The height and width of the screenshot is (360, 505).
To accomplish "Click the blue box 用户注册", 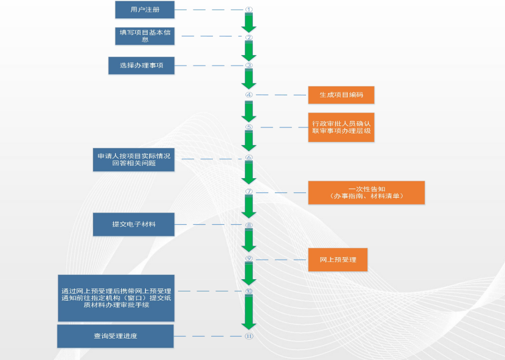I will [x=145, y=10].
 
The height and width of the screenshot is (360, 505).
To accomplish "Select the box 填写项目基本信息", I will [x=145, y=36].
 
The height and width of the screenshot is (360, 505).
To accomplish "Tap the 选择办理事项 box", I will [x=141, y=66].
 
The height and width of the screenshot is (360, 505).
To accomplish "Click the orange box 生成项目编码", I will [x=341, y=95].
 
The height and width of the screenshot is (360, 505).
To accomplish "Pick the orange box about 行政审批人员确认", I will [x=341, y=127].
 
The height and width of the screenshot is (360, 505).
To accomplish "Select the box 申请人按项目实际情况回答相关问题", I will [x=134, y=159].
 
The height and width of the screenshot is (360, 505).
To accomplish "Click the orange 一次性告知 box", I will [x=366, y=192].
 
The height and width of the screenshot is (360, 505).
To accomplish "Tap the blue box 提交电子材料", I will [x=133, y=224].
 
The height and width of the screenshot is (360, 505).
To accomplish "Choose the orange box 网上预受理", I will [x=337, y=260].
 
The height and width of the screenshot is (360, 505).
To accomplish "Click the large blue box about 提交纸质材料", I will [x=116, y=298].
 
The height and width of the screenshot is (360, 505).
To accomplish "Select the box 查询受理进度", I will [x=116, y=336].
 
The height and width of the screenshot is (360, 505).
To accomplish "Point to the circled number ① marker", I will [x=249, y=10].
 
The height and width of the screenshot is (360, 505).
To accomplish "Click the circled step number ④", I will [x=249, y=95].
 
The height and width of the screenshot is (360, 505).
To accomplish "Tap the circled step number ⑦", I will [x=249, y=192].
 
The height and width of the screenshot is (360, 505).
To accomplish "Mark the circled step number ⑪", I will [x=249, y=336].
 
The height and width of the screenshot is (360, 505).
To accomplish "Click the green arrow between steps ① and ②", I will [x=249, y=23].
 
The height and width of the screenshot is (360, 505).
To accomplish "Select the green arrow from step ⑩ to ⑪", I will [x=249, y=313].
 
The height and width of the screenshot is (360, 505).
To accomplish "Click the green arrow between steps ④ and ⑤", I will [x=249, y=111].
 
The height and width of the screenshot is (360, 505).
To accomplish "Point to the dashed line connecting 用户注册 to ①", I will [x=208, y=10].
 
